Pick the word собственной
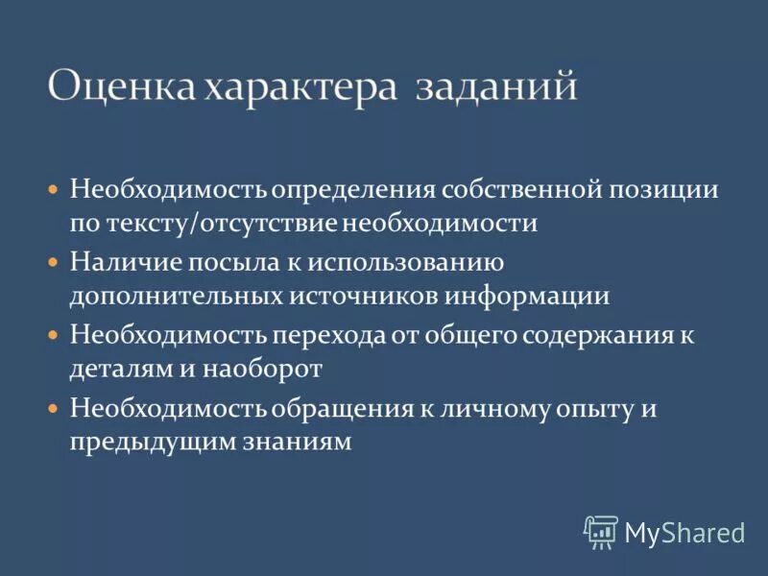pyautogui.click(x=518, y=188)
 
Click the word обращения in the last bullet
pyautogui.click(x=340, y=408)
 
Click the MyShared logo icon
pyautogui.click(x=601, y=532)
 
